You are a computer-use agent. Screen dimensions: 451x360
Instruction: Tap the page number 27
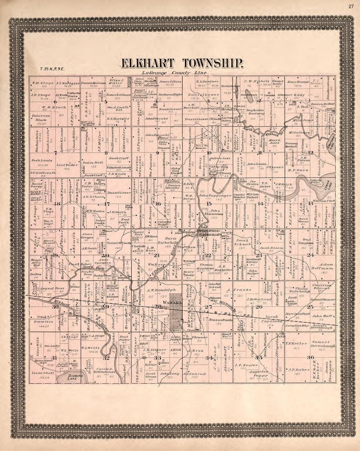point(351,6)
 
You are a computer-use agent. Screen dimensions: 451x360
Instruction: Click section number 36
point(310,357)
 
